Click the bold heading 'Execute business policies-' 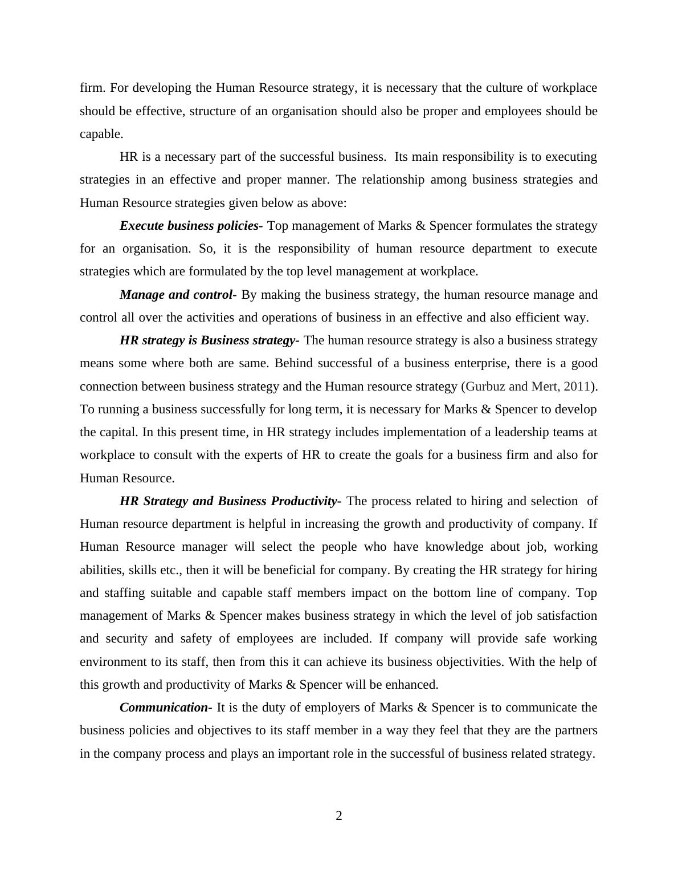[191, 226]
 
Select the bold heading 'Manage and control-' [178, 295]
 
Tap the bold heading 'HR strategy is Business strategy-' [209, 340]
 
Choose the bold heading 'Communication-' [166, 708]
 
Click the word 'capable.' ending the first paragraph [101, 134]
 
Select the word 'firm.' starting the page [93, 88]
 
